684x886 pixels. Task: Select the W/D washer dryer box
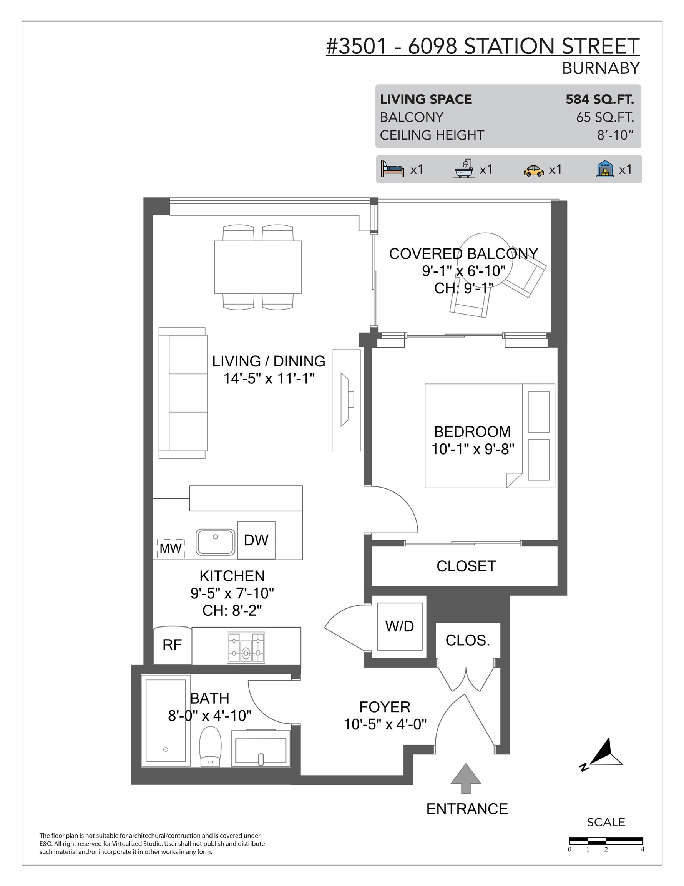click(400, 626)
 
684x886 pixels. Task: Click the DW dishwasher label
click(256, 540)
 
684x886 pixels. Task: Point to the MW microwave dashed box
click(171, 548)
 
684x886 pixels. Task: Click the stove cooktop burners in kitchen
click(246, 648)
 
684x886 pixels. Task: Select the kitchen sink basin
click(215, 541)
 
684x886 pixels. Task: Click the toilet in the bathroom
click(210, 746)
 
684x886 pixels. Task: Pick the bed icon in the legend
click(392, 169)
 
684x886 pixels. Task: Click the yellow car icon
click(534, 170)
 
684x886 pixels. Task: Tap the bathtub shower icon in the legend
click(464, 169)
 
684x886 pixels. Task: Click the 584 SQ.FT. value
click(599, 99)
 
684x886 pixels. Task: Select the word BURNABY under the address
click(601, 68)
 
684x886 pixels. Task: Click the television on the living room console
click(346, 400)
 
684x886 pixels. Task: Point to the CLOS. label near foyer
click(468, 640)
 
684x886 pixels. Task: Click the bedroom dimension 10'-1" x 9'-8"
click(472, 449)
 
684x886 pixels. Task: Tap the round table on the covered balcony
click(486, 260)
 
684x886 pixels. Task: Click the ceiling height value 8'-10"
click(615, 135)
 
